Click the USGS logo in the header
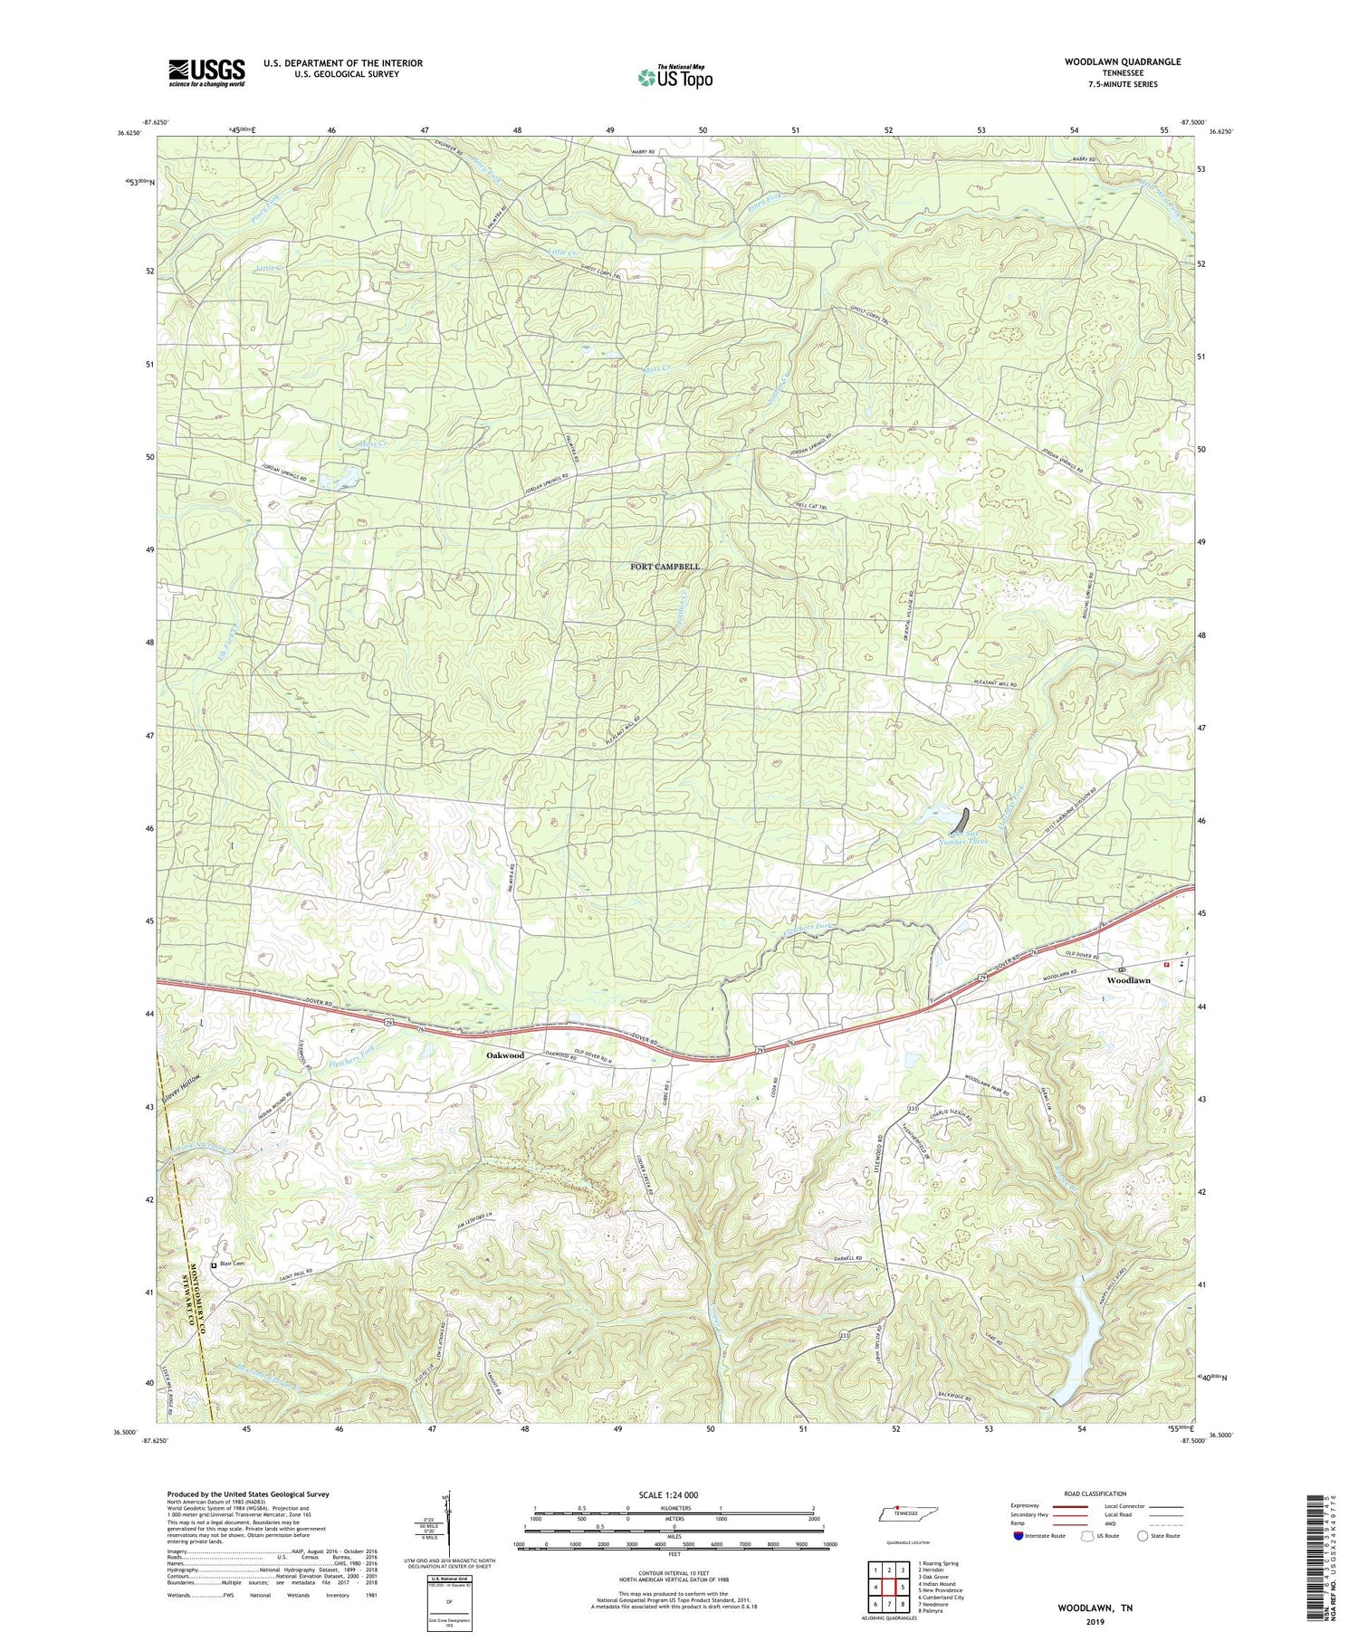click(x=206, y=72)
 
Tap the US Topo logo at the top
click(x=674, y=77)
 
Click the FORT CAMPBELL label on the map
click(x=665, y=567)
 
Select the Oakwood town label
click(x=504, y=1055)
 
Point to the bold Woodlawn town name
click(x=1129, y=980)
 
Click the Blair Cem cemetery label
click(x=231, y=1264)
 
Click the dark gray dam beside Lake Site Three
click(x=966, y=820)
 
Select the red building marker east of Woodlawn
click(x=1166, y=965)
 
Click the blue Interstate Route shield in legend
click(x=1019, y=1536)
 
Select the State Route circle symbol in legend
click(x=1143, y=1536)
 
